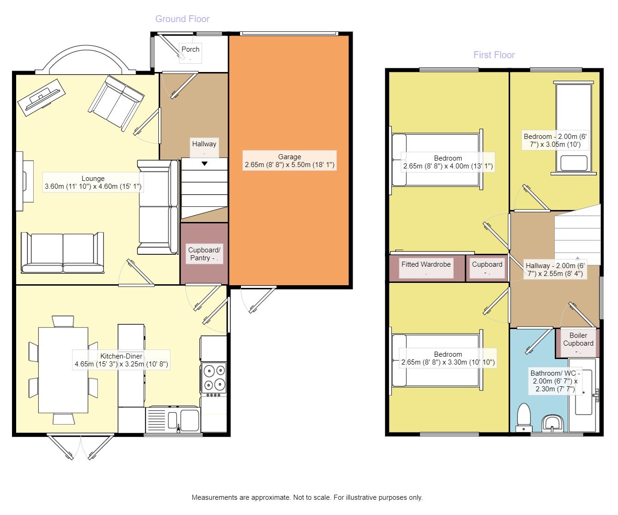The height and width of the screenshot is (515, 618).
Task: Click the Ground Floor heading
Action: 182,19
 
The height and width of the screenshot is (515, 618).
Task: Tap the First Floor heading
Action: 494,55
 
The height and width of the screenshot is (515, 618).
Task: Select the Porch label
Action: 190,49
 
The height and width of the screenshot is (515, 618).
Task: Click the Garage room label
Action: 289,161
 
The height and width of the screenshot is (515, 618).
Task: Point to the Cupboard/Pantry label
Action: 204,254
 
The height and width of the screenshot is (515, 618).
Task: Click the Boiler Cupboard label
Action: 578,339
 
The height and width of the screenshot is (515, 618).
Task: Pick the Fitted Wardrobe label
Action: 426,264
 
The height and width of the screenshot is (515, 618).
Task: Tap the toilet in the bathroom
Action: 524,417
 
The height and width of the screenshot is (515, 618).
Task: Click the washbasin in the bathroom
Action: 552,423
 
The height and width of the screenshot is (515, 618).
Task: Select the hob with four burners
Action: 214,379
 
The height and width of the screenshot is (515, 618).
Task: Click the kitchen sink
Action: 173,420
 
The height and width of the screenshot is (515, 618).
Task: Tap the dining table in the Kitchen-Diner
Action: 63,370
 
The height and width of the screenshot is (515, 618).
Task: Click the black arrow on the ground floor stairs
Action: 204,163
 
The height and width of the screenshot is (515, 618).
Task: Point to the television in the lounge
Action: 42,97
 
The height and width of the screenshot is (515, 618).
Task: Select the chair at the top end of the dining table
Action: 63,322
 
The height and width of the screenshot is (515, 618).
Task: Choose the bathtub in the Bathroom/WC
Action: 582,395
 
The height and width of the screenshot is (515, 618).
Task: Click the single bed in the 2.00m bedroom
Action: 574,128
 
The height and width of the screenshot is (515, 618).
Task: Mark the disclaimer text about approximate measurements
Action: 307,497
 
